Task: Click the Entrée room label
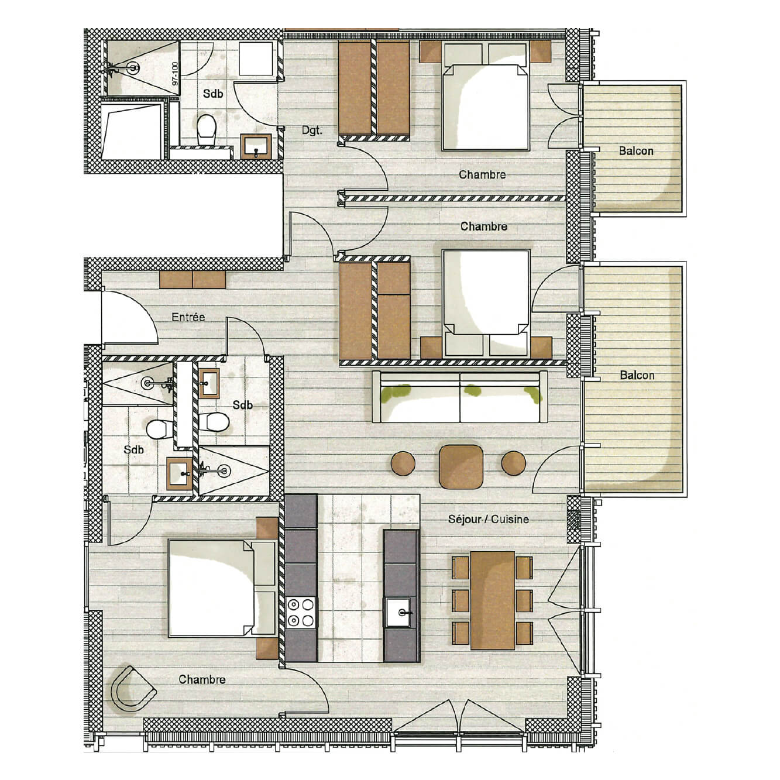coord(188,317)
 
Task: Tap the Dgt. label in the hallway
coord(312,131)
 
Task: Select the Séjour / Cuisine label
coord(488,519)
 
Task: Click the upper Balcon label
coord(636,151)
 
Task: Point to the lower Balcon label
coord(637,375)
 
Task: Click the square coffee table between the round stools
coord(461,466)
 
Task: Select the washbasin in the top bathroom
coord(256,146)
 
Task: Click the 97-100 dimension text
coord(174,73)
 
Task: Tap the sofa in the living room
coord(459,396)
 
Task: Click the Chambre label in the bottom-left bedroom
coord(202,679)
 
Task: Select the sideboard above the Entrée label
coord(193,279)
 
